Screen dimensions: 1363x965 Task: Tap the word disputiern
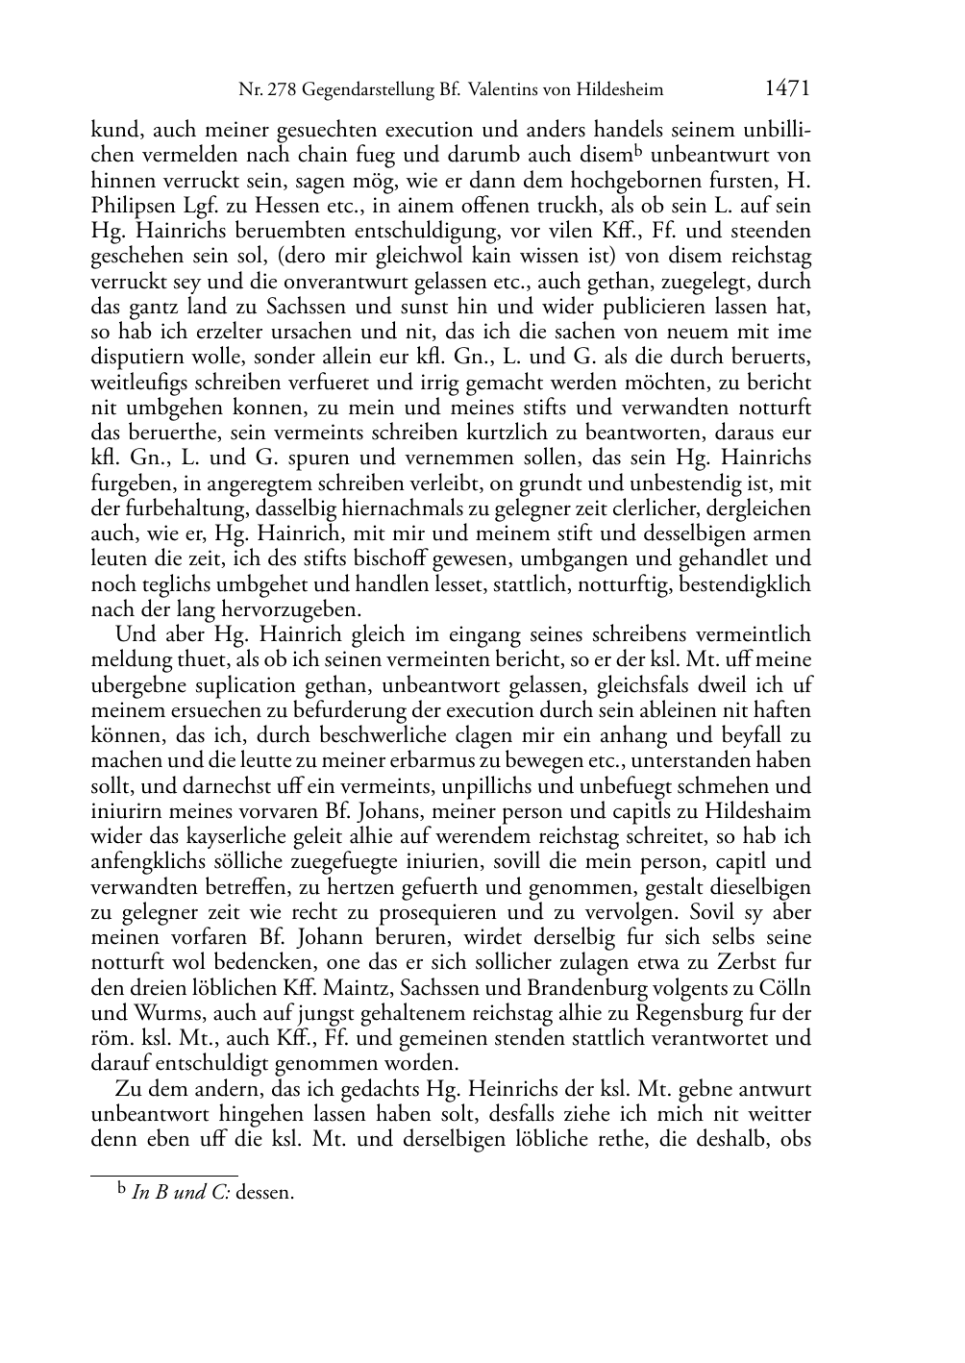(x=135, y=358)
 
